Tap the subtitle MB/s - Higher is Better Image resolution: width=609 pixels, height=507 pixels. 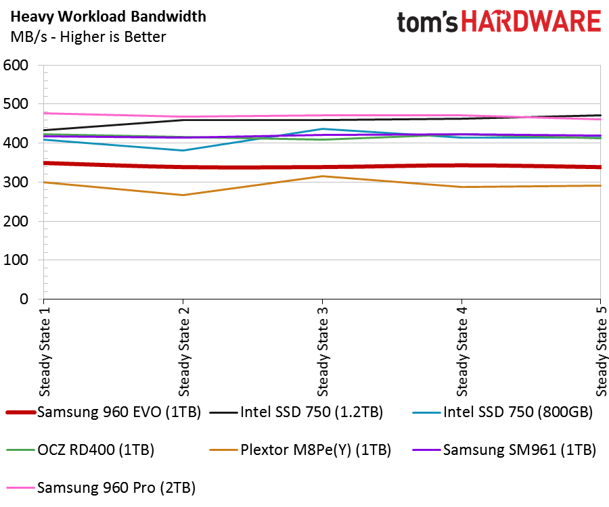[88, 37]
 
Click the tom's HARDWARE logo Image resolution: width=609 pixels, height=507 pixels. [499, 22]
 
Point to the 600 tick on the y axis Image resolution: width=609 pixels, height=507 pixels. [16, 66]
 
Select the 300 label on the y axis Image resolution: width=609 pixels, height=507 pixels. [16, 183]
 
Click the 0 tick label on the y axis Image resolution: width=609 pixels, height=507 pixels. [24, 299]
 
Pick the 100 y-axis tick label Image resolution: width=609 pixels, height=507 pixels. [16, 260]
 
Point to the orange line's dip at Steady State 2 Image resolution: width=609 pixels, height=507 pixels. [183, 195]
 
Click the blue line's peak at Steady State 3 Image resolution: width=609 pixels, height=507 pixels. [322, 129]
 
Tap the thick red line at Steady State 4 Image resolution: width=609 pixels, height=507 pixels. [461, 165]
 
